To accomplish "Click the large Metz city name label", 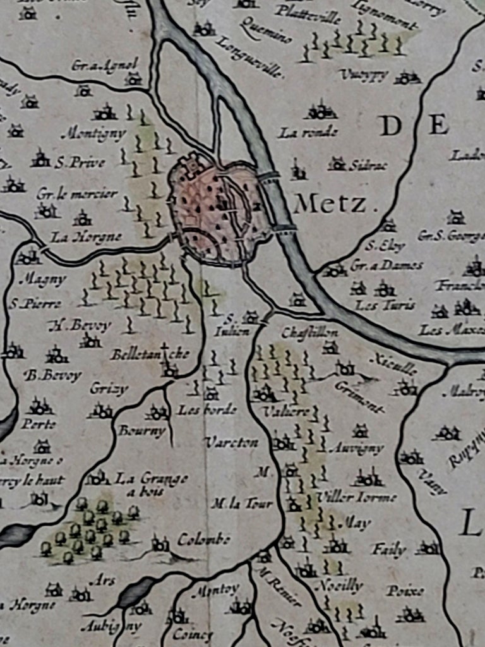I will click(x=330, y=203).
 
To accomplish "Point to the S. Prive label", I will click(x=80, y=162).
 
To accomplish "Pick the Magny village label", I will click(x=42, y=279).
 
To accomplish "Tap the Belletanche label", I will click(x=150, y=354).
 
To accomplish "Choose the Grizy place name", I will click(x=109, y=388).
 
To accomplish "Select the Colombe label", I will click(x=203, y=540).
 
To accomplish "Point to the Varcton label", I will click(x=232, y=442).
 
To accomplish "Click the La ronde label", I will click(x=308, y=133).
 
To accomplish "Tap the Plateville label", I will click(x=309, y=11).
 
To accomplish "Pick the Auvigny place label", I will click(x=357, y=449).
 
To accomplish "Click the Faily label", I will click(x=388, y=549).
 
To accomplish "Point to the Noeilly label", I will click(x=339, y=586).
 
